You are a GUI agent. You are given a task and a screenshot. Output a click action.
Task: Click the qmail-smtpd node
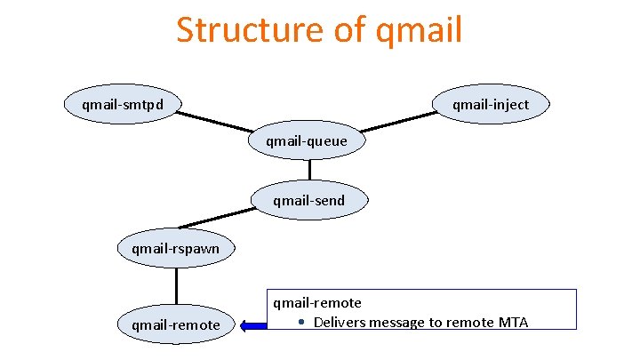point(119,105)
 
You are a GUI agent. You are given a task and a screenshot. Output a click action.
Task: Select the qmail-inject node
point(490,105)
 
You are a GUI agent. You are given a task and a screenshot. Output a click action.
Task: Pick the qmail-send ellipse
point(308,200)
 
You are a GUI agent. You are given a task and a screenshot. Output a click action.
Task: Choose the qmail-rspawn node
point(175,248)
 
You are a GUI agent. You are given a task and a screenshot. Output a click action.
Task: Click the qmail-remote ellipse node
point(175,324)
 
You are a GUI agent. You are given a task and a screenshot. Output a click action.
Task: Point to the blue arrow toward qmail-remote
point(253,325)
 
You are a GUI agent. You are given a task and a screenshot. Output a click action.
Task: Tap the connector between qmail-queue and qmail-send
point(309,171)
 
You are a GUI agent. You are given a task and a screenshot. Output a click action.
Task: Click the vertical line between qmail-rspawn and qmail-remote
point(176,286)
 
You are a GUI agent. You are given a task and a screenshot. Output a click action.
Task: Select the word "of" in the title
point(346,29)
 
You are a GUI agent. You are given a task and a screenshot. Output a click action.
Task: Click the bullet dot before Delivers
point(302,322)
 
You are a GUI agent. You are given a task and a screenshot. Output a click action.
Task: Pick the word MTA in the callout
point(511,322)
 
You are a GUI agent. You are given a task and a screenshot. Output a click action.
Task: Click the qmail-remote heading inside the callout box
point(316,303)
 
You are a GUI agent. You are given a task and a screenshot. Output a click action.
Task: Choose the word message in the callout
point(400,322)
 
